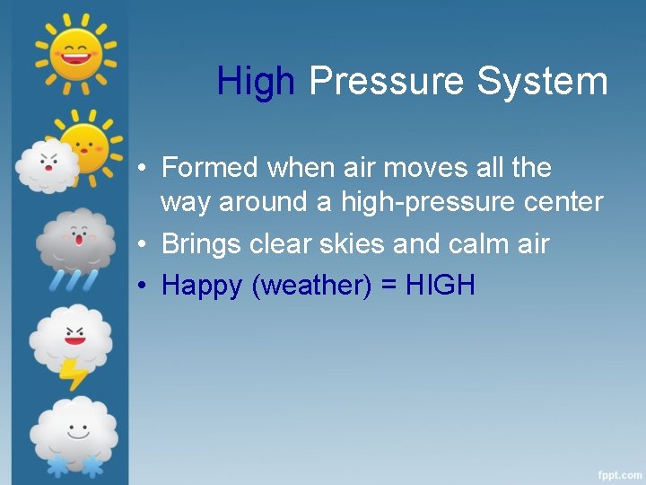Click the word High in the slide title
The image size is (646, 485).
coord(255,82)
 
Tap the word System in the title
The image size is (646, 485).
coord(542,82)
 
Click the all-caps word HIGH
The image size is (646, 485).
coord(441,286)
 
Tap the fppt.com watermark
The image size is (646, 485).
coord(620,472)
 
